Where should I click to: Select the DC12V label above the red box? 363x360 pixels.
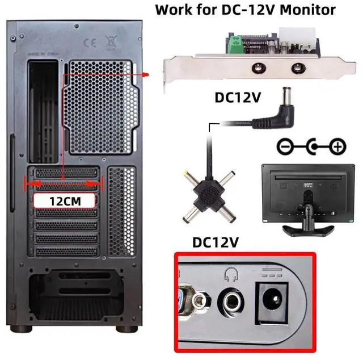pyautogui.click(x=216, y=242)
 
